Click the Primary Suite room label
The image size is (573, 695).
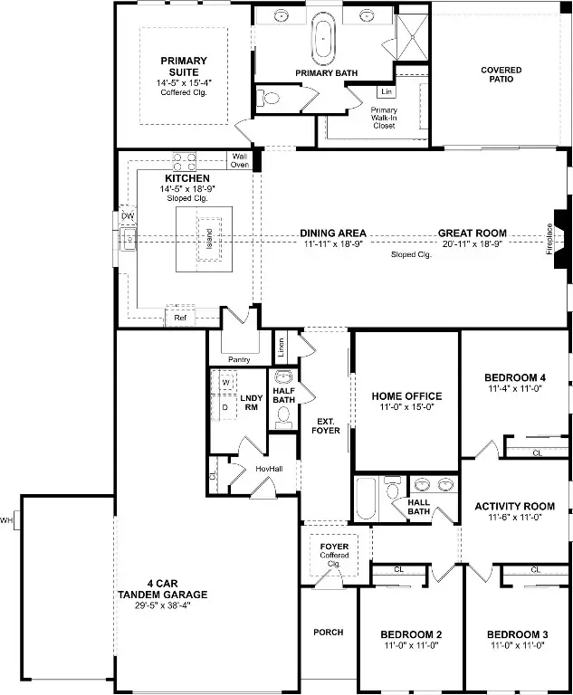tap(184, 67)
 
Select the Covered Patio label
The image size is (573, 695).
tap(501, 74)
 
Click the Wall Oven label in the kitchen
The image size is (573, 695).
tap(240, 160)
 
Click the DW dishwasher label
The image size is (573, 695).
tap(128, 216)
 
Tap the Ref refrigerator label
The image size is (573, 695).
tap(179, 318)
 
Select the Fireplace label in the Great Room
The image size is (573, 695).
tap(549, 239)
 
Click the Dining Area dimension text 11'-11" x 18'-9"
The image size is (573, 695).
tap(333, 244)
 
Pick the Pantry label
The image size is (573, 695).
tap(239, 359)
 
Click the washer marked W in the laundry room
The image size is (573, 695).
tap(225, 384)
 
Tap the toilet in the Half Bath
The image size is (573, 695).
tap(283, 416)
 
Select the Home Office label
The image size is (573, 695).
tap(406, 396)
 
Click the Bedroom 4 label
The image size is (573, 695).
tap(515, 378)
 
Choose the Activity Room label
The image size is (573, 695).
tap(514, 507)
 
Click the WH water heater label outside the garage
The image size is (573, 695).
tap(8, 520)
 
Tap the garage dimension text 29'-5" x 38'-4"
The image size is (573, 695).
tap(162, 605)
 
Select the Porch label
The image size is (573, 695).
tap(328, 632)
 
